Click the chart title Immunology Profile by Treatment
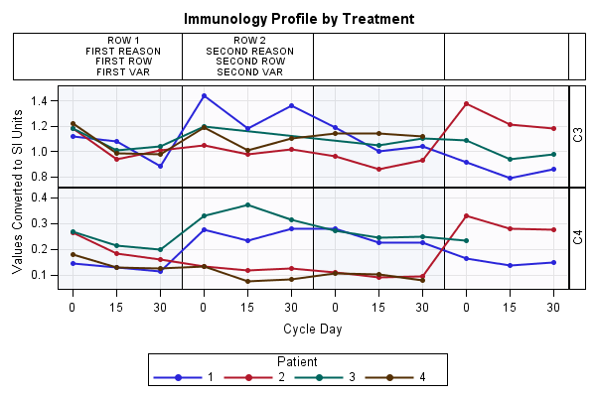point(298,19)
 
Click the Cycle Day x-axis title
point(313,330)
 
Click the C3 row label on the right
point(578,135)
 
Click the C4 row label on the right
point(578,238)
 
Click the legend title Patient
point(298,362)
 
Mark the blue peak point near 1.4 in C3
point(204,95)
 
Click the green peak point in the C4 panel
point(247,204)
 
